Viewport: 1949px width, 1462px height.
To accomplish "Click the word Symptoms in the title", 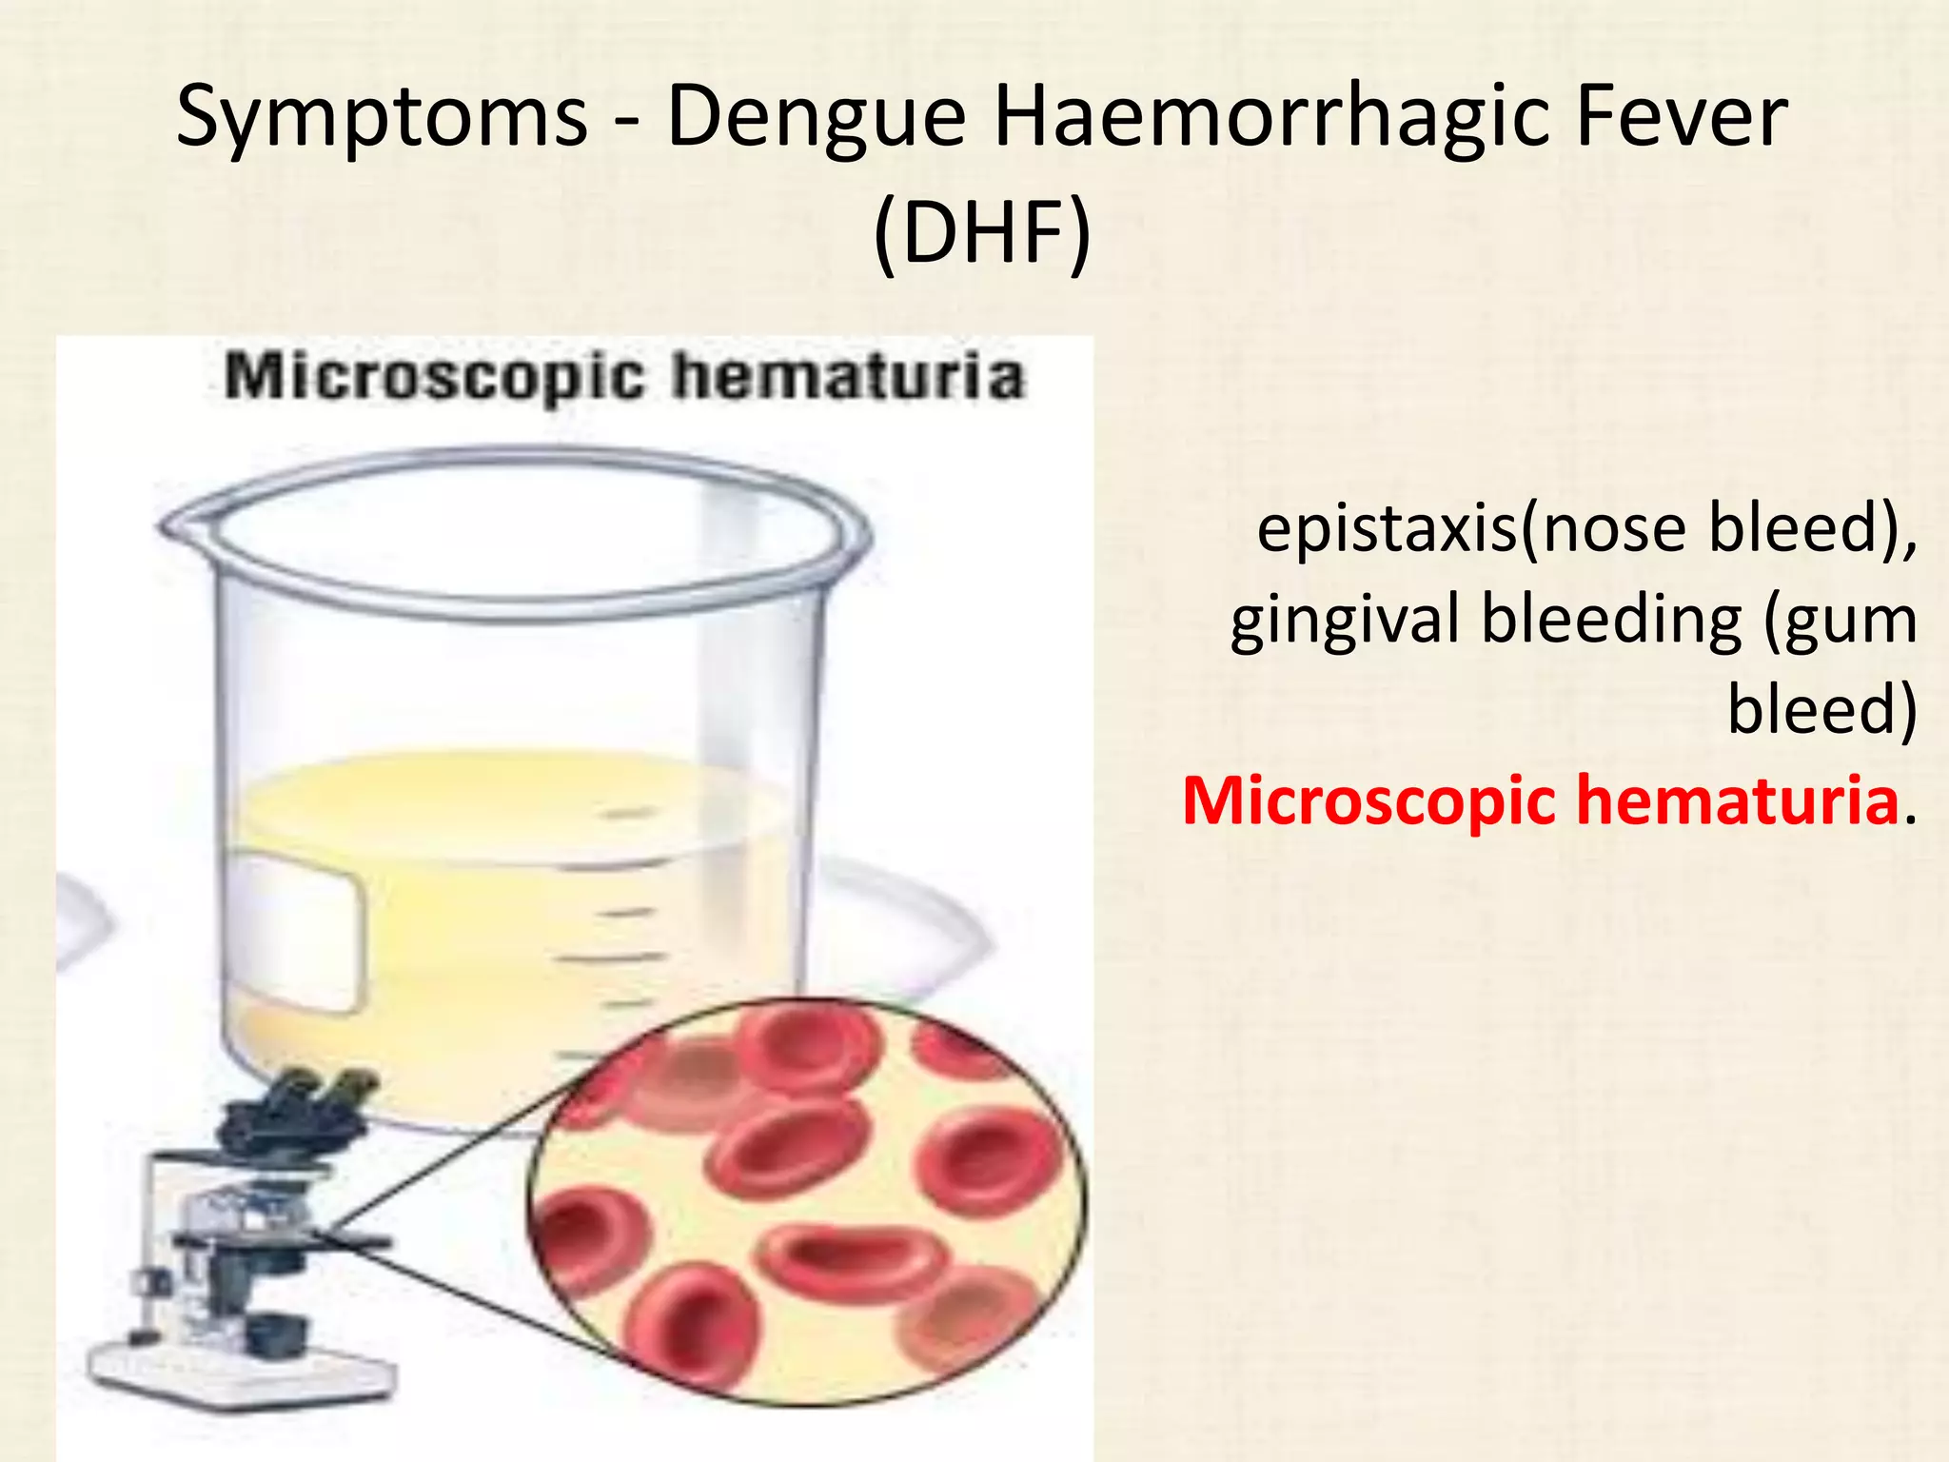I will (x=382, y=118).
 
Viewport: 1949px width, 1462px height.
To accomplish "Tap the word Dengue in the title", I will (x=817, y=118).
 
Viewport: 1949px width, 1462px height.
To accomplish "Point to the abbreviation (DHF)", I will (x=982, y=234).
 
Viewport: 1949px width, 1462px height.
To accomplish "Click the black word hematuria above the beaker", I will (x=848, y=377).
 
